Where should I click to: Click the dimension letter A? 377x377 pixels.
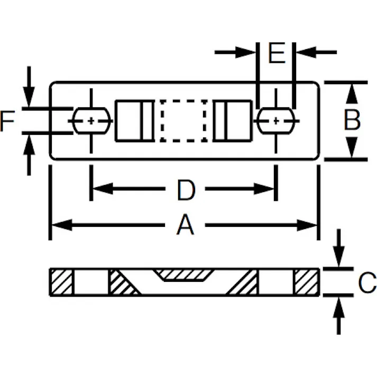pyautogui.click(x=185, y=225)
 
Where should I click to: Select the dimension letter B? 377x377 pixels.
pyautogui.click(x=352, y=119)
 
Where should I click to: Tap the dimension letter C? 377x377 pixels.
pyautogui.click(x=367, y=282)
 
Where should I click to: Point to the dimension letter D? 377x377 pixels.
pyautogui.click(x=186, y=190)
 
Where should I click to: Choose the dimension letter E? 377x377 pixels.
pyautogui.click(x=277, y=53)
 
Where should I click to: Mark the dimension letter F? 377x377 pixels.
pyautogui.click(x=7, y=121)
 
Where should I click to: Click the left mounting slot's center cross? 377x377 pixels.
pyautogui.click(x=91, y=121)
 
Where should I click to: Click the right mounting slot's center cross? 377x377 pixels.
pyautogui.click(x=276, y=121)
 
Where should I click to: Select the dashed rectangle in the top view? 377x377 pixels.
pyautogui.click(x=183, y=121)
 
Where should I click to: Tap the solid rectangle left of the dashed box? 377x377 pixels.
pyautogui.click(x=135, y=121)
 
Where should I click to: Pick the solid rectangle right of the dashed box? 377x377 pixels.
pyautogui.click(x=233, y=121)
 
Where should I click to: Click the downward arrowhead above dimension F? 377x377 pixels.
pyautogui.click(x=29, y=97)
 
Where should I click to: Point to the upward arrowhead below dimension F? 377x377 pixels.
pyautogui.click(x=29, y=145)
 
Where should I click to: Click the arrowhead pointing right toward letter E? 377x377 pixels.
pyautogui.click(x=245, y=52)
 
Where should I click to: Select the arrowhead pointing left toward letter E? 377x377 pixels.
pyautogui.click(x=306, y=52)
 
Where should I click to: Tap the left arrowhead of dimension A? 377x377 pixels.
pyautogui.click(x=62, y=225)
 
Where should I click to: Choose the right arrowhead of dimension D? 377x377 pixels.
pyautogui.click(x=264, y=189)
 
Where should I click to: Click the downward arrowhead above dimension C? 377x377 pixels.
pyautogui.click(x=339, y=256)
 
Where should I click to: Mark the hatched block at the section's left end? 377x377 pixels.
pyautogui.click(x=62, y=282)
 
